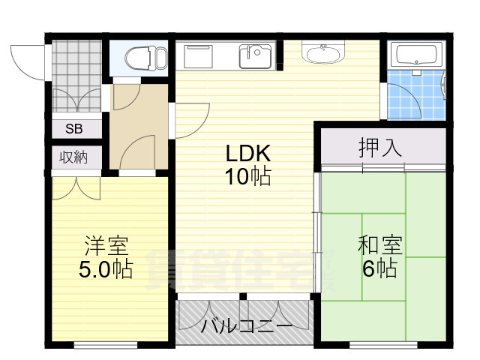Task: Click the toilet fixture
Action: [x=146, y=58]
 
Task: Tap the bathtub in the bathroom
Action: [x=416, y=55]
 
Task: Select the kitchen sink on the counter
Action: [x=255, y=57]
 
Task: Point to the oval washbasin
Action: [x=323, y=53]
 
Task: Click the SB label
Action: [x=74, y=129]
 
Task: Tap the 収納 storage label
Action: [x=73, y=157]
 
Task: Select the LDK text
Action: [x=248, y=153]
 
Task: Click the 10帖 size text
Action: [x=248, y=177]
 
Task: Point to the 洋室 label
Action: [x=106, y=246]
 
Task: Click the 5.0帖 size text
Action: [x=106, y=269]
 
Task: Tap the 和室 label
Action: [x=380, y=245]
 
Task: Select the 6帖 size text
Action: [x=380, y=268]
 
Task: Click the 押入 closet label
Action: [x=380, y=148]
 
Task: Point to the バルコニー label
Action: [x=247, y=326]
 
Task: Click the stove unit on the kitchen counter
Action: [x=198, y=57]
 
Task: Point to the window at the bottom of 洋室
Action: [x=106, y=345]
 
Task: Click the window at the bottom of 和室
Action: [x=383, y=345]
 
